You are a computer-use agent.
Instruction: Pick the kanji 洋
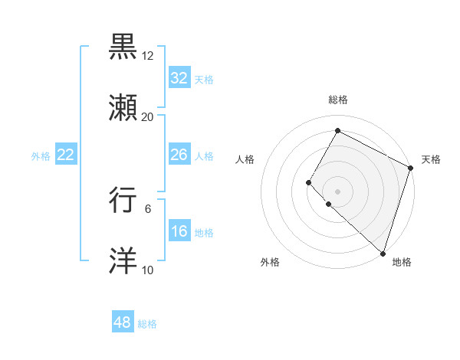(x=124, y=261)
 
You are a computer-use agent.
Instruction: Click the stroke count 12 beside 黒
(x=147, y=56)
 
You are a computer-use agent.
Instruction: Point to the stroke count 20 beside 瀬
(x=147, y=117)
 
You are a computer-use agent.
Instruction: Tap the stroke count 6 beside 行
(x=148, y=209)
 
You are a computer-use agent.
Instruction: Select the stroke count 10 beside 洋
(x=147, y=270)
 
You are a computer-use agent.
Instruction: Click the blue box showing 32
(x=179, y=78)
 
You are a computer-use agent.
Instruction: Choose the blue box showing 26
(x=179, y=155)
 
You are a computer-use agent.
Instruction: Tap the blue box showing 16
(x=179, y=231)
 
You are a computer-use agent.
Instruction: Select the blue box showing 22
(x=65, y=155)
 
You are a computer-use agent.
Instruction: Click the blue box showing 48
(x=123, y=322)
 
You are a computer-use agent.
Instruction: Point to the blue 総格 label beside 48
(x=147, y=324)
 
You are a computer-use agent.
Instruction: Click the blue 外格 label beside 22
(x=41, y=156)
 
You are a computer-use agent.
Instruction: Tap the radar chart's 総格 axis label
(x=337, y=100)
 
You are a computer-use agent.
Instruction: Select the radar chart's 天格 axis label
(x=431, y=159)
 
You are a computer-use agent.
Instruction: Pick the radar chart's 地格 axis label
(x=402, y=262)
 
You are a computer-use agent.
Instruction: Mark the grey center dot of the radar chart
(x=337, y=191)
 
